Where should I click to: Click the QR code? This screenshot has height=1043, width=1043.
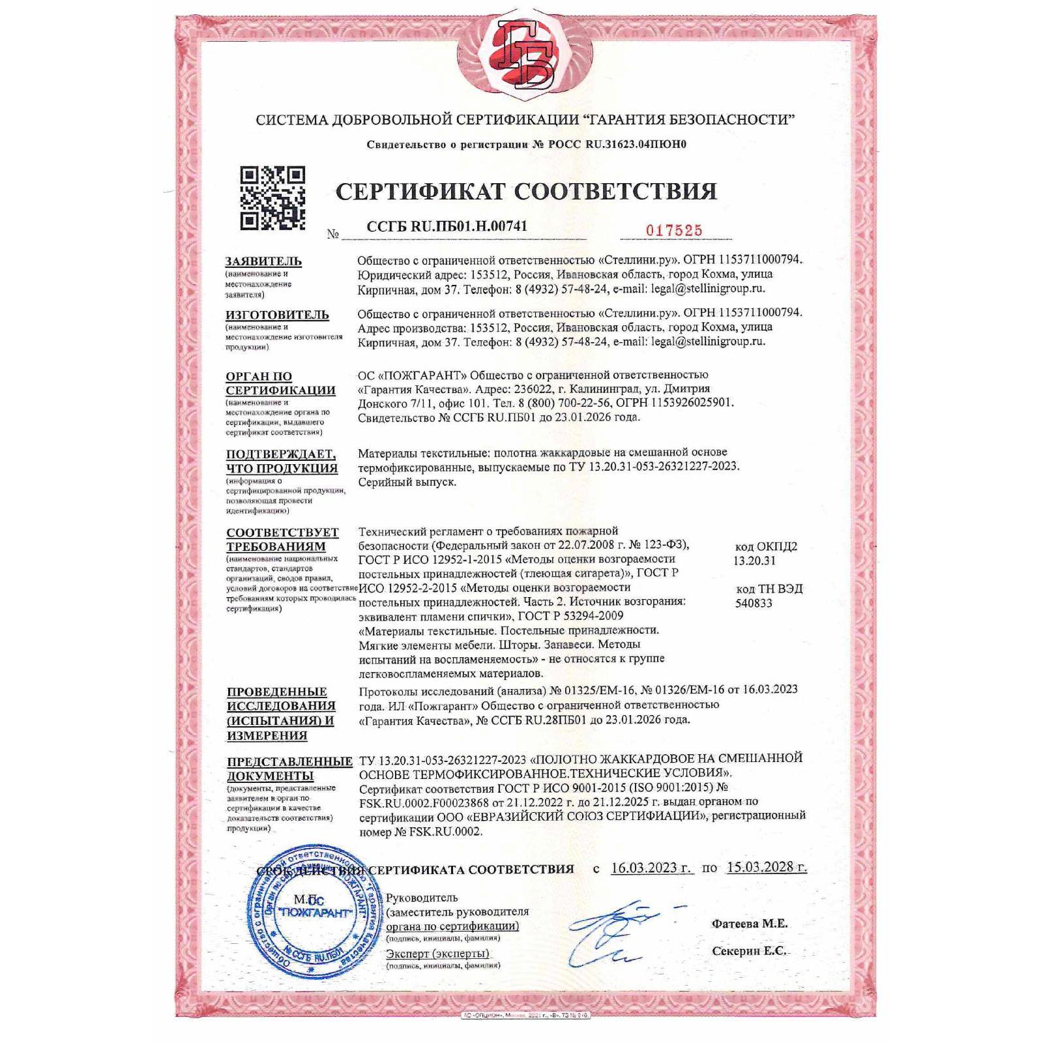[272, 198]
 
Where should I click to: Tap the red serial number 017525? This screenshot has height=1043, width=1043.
[673, 230]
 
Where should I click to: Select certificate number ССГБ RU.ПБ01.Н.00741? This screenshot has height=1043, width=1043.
[447, 226]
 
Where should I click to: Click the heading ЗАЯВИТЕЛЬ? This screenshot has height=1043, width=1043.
[263, 261]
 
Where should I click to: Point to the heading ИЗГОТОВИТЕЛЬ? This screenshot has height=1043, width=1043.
[277, 315]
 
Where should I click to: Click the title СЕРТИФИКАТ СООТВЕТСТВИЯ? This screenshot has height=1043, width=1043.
[525, 191]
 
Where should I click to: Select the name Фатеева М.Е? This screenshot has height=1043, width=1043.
[749, 923]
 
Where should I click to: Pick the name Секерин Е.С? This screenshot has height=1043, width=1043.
[749, 951]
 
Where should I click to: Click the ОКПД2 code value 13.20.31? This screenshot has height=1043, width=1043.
[754, 561]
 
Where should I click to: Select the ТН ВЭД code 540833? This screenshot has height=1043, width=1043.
[753, 603]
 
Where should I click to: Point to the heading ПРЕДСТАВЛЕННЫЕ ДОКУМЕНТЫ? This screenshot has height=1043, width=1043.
[289, 769]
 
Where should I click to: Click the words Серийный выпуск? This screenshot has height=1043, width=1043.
[407, 482]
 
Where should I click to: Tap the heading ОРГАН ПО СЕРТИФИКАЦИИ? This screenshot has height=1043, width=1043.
[280, 383]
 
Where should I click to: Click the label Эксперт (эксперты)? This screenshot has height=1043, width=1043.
[437, 954]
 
